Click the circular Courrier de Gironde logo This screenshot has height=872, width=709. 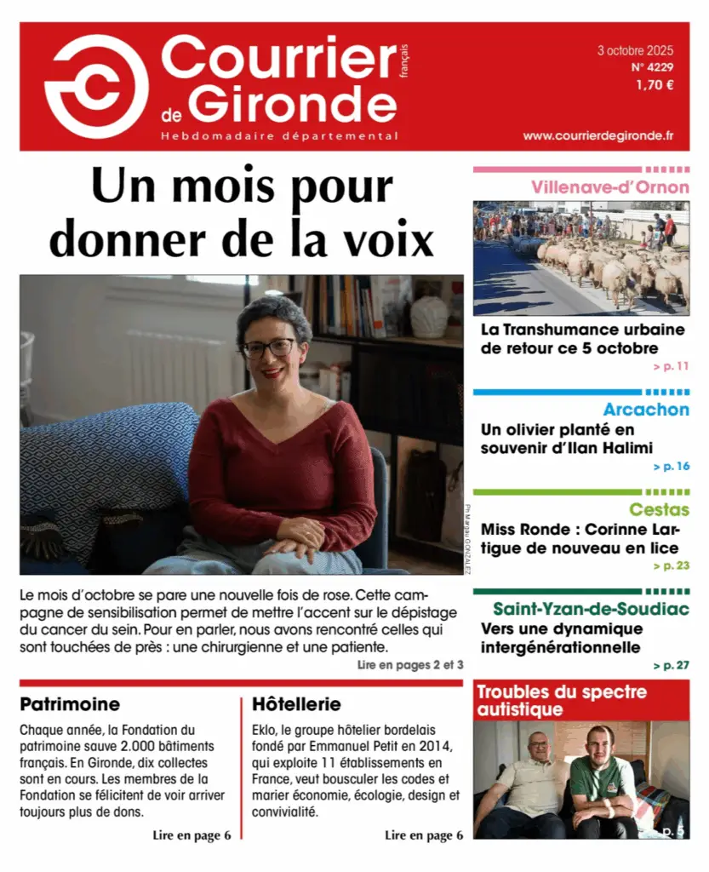[96, 86]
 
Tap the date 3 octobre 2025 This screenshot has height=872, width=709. [635, 50]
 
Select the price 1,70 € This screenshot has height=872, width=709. [655, 84]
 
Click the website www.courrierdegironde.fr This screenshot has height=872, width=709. [598, 135]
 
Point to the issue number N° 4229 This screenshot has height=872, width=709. [653, 66]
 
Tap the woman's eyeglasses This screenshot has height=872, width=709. [269, 347]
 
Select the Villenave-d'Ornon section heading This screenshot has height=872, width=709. [610, 186]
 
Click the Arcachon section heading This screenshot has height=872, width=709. [646, 410]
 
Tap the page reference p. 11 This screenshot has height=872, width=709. [671, 367]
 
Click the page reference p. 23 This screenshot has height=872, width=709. [671, 565]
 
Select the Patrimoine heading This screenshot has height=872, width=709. [70, 704]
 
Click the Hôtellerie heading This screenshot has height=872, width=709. [296, 704]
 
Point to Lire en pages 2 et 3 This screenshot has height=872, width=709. [410, 665]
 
